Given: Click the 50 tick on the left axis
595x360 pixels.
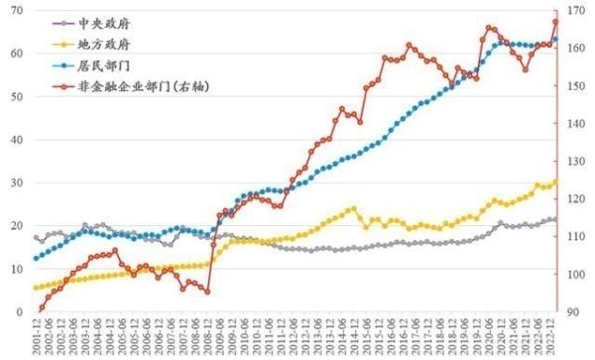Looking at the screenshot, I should [x=17, y=96].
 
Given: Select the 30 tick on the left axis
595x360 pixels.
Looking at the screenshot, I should [x=17, y=182].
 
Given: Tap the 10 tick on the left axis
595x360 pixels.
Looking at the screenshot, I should [x=17, y=269].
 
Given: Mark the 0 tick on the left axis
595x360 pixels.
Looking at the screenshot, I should [x=20, y=311].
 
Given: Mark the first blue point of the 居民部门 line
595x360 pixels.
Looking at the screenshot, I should [x=36, y=259].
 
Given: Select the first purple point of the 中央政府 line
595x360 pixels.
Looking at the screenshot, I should [x=36, y=237].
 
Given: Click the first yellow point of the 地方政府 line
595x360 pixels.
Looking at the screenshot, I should [x=36, y=288].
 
